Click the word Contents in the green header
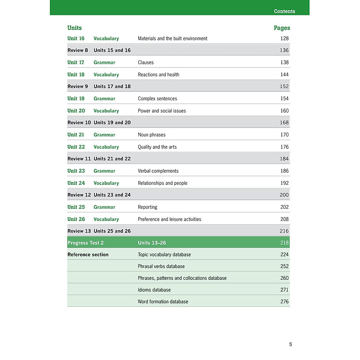(x=284, y=11)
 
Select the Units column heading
(x=74, y=28)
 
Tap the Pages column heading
(x=282, y=28)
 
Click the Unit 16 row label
(x=76, y=38)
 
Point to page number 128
(x=284, y=38)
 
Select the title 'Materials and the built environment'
(x=172, y=38)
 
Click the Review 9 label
(x=78, y=86)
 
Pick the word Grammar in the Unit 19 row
(x=104, y=98)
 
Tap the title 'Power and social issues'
(x=162, y=111)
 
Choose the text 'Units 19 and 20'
(x=112, y=123)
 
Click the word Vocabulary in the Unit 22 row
(x=106, y=147)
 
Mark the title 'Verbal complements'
(x=158, y=171)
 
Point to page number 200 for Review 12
(x=284, y=195)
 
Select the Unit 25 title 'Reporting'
(x=147, y=207)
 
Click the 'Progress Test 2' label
(x=85, y=243)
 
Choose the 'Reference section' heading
(x=88, y=254)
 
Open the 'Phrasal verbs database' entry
(x=161, y=266)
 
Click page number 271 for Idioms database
(x=284, y=290)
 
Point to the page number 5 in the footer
(x=290, y=344)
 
